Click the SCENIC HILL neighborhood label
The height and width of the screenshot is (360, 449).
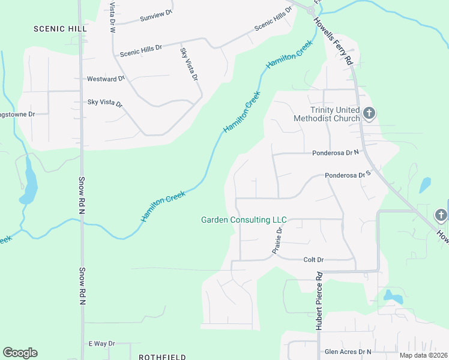point(60,28)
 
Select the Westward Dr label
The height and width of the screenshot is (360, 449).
point(106,79)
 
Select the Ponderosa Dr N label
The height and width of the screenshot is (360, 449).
point(335,153)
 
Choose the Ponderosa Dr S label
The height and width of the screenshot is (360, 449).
point(349,175)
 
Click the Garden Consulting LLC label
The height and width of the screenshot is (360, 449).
point(243,220)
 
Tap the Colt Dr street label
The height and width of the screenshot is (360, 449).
point(313,260)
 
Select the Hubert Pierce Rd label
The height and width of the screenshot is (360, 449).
point(319,301)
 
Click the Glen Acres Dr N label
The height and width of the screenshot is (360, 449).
point(348,352)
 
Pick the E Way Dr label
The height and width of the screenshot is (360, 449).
point(101,343)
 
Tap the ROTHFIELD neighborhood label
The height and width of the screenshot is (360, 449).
point(158,356)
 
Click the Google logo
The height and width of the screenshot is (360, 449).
point(20,353)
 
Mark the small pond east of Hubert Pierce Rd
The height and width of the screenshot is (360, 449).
point(393,296)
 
